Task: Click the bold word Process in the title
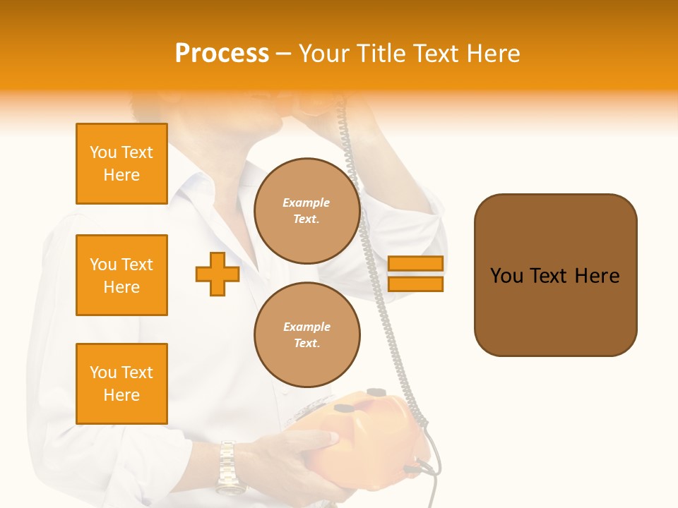click(x=222, y=54)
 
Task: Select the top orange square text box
click(x=121, y=164)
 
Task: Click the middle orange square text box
click(x=121, y=275)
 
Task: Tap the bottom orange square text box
click(x=121, y=384)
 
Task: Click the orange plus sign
click(x=218, y=274)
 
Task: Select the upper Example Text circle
click(x=307, y=211)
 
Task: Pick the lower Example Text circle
click(x=307, y=335)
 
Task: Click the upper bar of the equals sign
click(x=415, y=264)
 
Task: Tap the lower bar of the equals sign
click(x=415, y=284)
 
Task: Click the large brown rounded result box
click(x=555, y=275)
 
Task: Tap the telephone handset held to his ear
click(x=318, y=106)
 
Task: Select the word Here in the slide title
click(x=494, y=54)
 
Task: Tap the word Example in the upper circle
click(x=307, y=203)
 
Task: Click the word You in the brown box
click(x=506, y=276)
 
